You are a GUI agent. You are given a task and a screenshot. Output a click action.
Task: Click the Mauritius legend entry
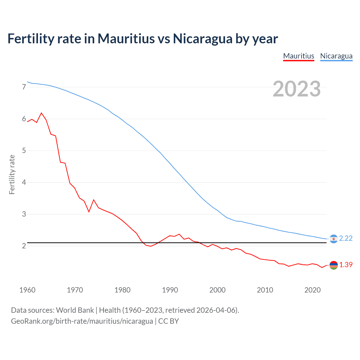(x=298, y=56)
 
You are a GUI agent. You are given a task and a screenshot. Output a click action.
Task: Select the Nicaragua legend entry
(x=336, y=56)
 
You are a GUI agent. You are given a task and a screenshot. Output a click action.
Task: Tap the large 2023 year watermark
(x=296, y=89)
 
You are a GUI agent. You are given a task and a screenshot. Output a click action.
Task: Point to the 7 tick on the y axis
(x=24, y=87)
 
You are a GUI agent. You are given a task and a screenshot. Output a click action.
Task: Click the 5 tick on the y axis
(x=24, y=150)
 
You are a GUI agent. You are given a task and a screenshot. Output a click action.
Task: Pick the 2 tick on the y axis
(x=24, y=246)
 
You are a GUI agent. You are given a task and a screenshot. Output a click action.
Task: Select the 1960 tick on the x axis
(x=27, y=290)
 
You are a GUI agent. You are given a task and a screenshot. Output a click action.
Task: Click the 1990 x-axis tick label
(x=170, y=290)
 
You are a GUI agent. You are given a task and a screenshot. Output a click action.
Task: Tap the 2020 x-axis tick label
(x=312, y=290)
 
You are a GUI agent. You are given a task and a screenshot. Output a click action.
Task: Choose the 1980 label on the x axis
(x=122, y=290)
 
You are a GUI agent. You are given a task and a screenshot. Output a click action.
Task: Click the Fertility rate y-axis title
(x=12, y=174)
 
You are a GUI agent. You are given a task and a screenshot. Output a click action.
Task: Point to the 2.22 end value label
(x=346, y=238)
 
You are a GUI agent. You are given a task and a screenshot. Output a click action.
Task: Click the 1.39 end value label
(x=346, y=265)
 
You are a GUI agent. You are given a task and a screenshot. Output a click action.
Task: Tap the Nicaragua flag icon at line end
(x=334, y=239)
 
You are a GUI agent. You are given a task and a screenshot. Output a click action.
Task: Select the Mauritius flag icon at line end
(x=334, y=265)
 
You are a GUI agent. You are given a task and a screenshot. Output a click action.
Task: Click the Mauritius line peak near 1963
(x=42, y=113)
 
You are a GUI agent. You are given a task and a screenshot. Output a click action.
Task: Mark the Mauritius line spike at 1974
(x=94, y=200)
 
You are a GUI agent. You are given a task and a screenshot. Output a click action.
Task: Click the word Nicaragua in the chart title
(x=202, y=39)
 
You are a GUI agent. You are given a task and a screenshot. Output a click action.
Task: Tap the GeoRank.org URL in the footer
(x=82, y=321)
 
